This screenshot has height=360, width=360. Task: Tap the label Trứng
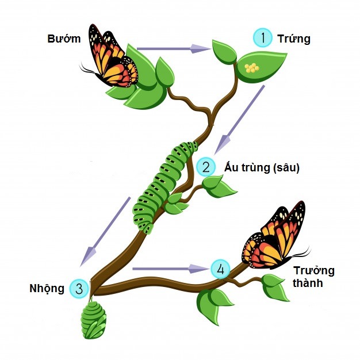293,39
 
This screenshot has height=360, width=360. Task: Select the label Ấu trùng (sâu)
262,168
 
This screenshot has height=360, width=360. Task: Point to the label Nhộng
47,288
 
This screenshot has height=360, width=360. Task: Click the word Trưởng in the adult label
313,271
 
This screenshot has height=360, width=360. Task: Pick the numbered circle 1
263,38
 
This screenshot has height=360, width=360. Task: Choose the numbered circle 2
205,167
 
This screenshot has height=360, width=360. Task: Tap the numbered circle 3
79,288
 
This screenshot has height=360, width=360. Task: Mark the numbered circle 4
220,269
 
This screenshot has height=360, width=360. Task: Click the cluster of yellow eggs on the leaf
252,68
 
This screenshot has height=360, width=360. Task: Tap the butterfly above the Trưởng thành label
275,236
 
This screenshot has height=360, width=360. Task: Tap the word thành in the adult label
308,284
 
